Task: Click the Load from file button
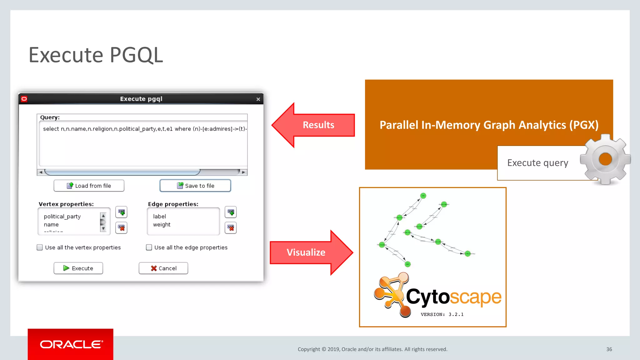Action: tap(89, 186)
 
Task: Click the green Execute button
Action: tap(78, 268)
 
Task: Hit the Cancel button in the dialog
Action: tap(163, 268)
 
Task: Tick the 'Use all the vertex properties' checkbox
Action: tap(40, 247)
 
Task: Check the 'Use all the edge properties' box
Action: tap(149, 247)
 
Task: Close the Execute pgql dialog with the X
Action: tap(258, 99)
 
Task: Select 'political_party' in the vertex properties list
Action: tap(62, 216)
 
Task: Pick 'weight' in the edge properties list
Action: tap(162, 224)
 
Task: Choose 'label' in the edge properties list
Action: tap(159, 216)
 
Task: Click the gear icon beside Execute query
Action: tap(605, 159)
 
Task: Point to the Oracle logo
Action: tap(71, 344)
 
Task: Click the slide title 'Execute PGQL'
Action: tap(96, 55)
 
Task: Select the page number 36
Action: tap(609, 349)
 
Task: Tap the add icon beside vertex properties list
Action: tap(121, 212)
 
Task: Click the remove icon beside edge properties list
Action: tap(231, 228)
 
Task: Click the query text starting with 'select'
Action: tap(144, 129)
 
